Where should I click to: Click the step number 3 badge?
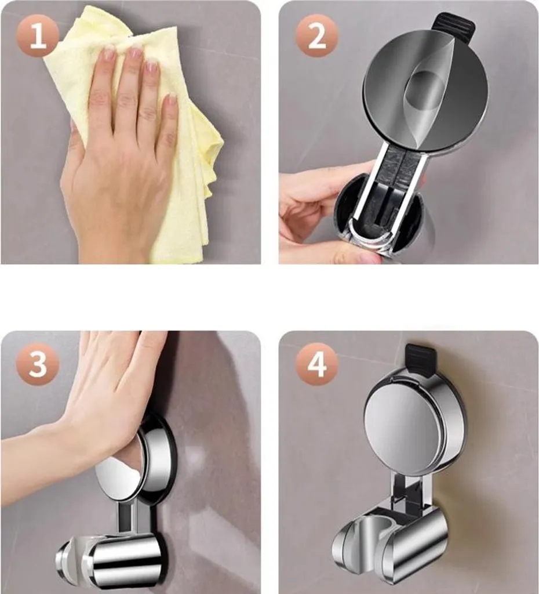[x=38, y=364]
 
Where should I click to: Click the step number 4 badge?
[x=317, y=364]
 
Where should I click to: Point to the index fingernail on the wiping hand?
[x=110, y=53]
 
